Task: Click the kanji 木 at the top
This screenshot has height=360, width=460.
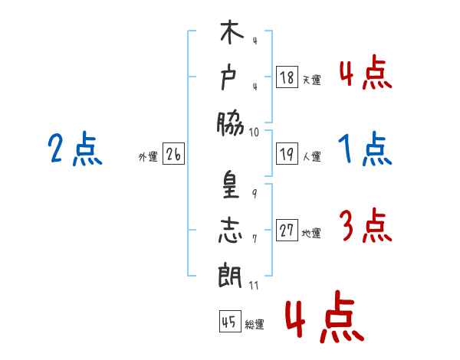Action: click(x=232, y=31)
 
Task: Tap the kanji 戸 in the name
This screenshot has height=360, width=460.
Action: click(x=228, y=78)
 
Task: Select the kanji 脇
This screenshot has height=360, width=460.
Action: click(x=230, y=124)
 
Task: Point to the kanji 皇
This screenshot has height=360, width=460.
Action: click(x=231, y=185)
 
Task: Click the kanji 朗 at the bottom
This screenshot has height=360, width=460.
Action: click(x=230, y=275)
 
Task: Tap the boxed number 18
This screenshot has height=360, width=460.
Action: click(x=287, y=77)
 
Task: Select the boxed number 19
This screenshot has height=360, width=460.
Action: click(x=287, y=154)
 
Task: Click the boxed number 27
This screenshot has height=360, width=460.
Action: click(x=287, y=230)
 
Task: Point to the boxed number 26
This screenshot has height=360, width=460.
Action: click(x=173, y=154)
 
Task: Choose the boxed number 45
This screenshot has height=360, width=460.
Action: click(x=230, y=321)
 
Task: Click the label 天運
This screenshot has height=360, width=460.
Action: click(x=312, y=80)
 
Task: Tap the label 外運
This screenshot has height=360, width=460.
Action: click(x=148, y=157)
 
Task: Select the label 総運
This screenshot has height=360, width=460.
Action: click(x=255, y=324)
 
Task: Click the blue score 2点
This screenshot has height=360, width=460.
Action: click(x=75, y=149)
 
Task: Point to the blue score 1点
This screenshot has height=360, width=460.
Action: click(x=365, y=149)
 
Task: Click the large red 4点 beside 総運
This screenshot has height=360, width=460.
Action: click(x=324, y=316)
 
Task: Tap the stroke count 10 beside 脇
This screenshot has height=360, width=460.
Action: click(x=254, y=133)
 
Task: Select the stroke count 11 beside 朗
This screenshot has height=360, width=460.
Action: click(x=254, y=286)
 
